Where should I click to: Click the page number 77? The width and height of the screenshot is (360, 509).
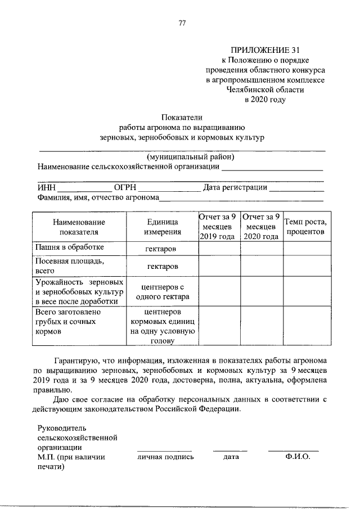pyautogui.click(x=181, y=23)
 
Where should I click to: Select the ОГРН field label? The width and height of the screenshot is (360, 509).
pyautogui.click(x=124, y=187)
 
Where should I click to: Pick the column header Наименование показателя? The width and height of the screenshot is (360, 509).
pyautogui.click(x=78, y=227)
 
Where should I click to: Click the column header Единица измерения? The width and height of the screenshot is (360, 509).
pyautogui.click(x=162, y=227)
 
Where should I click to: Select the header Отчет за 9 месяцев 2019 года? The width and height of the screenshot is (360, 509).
pyautogui.click(x=219, y=227)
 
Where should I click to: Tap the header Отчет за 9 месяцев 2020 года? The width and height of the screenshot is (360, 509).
pyautogui.click(x=262, y=227)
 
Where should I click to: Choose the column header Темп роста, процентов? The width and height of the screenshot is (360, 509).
pyautogui.click(x=305, y=227)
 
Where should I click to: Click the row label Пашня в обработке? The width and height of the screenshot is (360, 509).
pyautogui.click(x=69, y=247)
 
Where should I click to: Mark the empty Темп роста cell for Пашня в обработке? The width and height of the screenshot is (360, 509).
pyautogui.click(x=305, y=248)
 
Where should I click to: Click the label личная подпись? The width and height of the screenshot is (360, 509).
pyautogui.click(x=165, y=457)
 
